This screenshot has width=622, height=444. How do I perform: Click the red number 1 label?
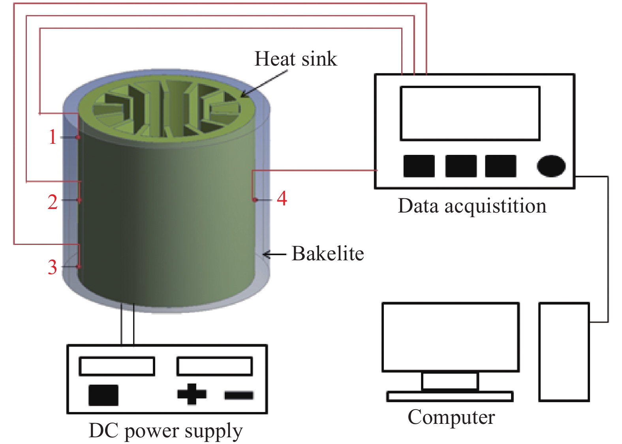[x=53, y=137]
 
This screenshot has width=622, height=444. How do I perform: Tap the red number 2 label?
[x=53, y=202]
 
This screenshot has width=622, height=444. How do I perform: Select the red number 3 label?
[x=53, y=267]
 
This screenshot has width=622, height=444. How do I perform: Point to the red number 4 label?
[x=282, y=198]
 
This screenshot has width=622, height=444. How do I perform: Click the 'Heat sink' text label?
[x=295, y=59]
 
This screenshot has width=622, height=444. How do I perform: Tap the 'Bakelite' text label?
[x=327, y=254]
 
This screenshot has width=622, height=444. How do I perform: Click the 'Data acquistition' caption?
[x=472, y=206]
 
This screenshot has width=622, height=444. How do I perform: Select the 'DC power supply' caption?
[x=165, y=431]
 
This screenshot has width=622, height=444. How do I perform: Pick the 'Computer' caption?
[x=451, y=417]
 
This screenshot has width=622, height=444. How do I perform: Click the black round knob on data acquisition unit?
[x=551, y=166]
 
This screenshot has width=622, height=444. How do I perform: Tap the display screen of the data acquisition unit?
[x=470, y=113]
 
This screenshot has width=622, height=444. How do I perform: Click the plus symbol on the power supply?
[x=192, y=394]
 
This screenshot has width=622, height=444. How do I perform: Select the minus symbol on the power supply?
[x=239, y=395]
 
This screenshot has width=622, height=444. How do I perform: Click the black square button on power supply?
[x=103, y=395]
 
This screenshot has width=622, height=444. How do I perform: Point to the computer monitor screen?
[x=450, y=337]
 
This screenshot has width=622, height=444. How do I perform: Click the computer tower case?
[x=564, y=352]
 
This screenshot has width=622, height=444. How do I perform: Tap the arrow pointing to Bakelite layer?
[x=274, y=254]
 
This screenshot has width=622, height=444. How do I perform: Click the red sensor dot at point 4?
[x=255, y=199]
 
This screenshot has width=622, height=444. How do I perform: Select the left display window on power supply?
[x=117, y=366]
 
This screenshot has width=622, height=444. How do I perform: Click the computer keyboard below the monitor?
[x=450, y=396]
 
